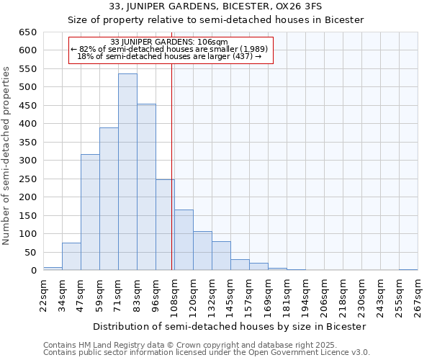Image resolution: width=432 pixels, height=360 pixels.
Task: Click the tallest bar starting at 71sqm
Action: (x=127, y=172)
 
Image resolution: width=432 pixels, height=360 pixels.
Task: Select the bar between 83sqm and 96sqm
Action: (x=146, y=187)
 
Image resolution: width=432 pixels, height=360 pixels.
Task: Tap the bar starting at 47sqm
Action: (x=90, y=212)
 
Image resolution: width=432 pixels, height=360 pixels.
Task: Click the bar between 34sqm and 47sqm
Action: (x=71, y=256)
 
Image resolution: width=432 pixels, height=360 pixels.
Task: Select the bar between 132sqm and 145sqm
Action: (x=221, y=256)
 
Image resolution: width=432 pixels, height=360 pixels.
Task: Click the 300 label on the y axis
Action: (x=27, y=161)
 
